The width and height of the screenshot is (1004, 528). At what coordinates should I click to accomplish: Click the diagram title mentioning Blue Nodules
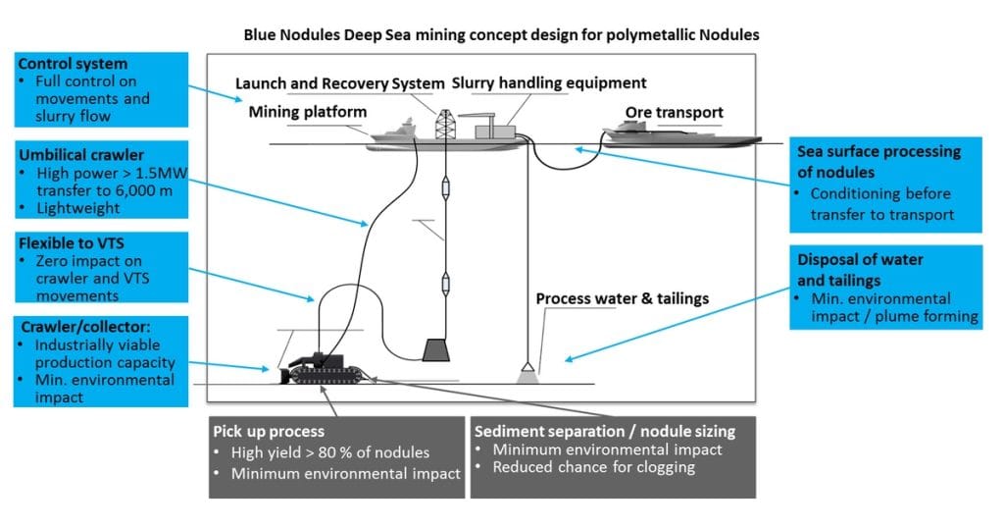(x=501, y=34)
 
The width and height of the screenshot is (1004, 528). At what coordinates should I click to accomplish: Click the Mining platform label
(x=307, y=112)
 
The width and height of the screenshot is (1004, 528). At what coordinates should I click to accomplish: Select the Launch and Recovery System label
(x=340, y=84)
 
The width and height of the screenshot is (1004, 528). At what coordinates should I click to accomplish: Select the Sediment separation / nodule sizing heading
(x=602, y=430)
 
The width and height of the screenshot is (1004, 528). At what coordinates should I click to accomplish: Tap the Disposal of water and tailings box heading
(x=861, y=268)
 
